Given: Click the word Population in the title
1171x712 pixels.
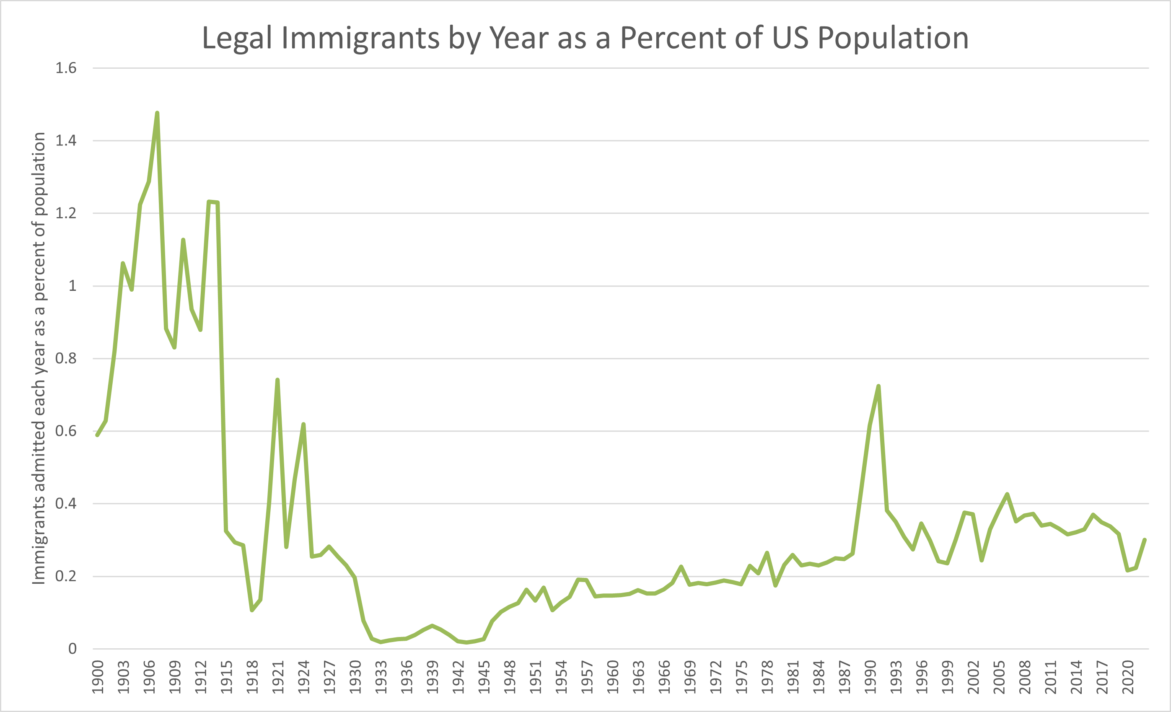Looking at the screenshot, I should tap(893, 38).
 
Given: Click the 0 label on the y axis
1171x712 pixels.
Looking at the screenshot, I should tap(72, 649).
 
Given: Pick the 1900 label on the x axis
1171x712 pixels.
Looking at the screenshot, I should tap(97, 677).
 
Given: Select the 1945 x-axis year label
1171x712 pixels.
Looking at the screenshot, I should tap(484, 677).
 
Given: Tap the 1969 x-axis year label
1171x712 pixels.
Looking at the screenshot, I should tap(689, 677).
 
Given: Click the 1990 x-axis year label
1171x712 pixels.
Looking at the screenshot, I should tap(870, 677).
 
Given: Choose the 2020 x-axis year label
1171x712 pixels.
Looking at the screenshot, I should tap(1127, 677).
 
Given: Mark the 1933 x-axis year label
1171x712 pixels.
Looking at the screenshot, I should tap(381, 677).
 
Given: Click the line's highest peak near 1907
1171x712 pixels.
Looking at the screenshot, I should tap(157, 113).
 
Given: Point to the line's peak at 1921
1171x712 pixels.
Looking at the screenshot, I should tap(277, 380).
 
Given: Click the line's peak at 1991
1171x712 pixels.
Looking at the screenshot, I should tap(878, 386).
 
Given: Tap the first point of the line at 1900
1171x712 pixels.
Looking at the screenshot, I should tap(97, 435).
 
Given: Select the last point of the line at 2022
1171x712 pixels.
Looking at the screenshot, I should tap(1145, 539).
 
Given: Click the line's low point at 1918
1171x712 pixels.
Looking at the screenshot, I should tap(252, 610).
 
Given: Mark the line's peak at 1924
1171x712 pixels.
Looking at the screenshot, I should tap(303, 424).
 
